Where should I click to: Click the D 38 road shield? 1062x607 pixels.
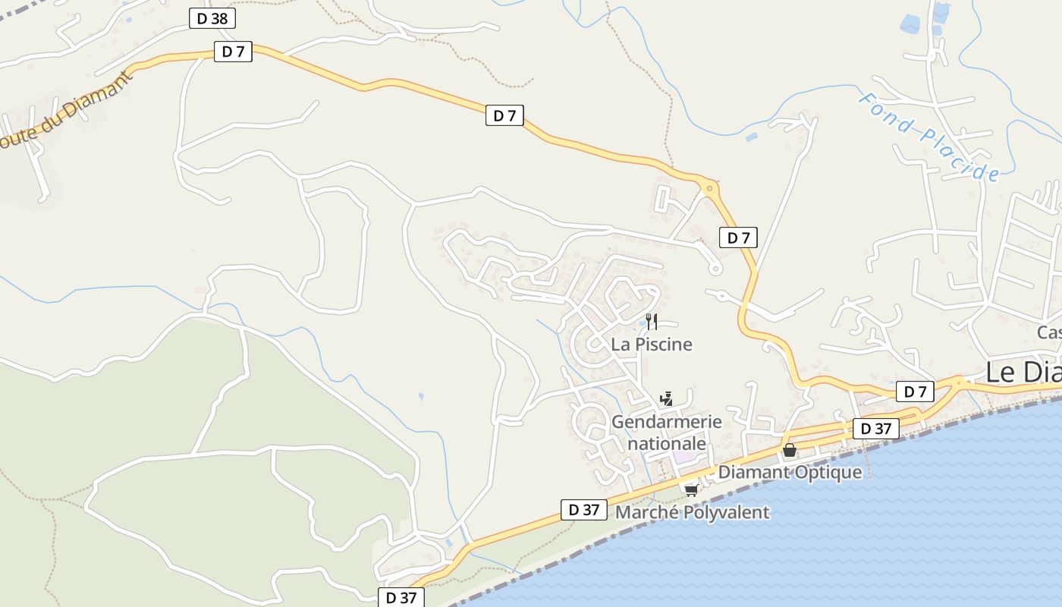point(212,19)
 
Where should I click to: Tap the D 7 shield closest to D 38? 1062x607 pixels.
point(233,52)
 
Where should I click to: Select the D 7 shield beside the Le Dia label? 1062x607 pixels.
point(915,392)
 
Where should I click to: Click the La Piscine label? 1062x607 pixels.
point(652,344)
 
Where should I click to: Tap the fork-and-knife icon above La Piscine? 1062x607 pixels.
point(652,322)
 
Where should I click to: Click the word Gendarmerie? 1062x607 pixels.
point(666,422)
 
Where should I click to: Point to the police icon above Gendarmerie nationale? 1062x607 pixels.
point(667,398)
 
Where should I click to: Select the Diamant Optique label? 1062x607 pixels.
point(790,472)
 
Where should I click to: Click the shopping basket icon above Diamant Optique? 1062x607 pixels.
point(790,450)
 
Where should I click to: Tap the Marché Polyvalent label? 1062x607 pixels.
point(692,512)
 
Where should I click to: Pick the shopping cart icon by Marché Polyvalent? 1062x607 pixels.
point(691,490)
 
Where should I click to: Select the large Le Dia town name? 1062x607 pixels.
point(1023,373)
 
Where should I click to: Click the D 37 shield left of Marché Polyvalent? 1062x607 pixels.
point(584,510)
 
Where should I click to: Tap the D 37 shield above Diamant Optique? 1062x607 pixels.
point(875,429)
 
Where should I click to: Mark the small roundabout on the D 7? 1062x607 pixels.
point(709,187)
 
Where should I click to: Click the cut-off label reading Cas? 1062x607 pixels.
point(1049,332)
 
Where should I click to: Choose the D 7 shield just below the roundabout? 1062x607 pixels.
point(738,237)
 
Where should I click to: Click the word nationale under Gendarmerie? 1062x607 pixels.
point(667,443)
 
